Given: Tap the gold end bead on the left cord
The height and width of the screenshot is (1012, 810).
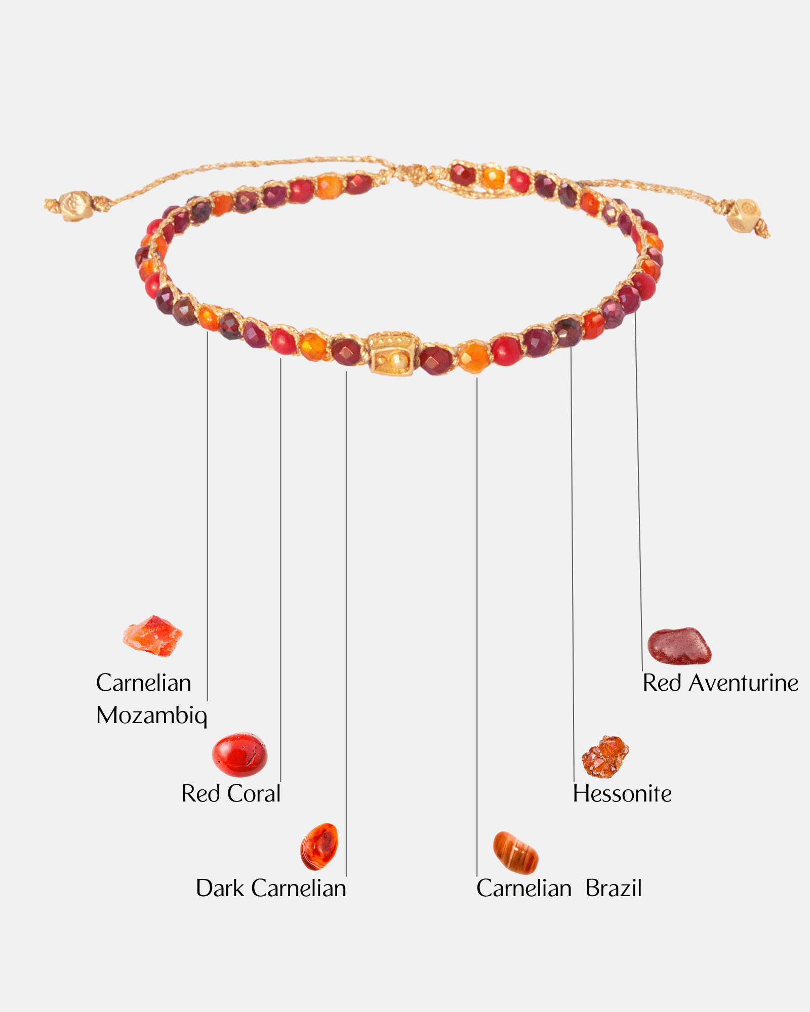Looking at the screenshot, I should point(76,205).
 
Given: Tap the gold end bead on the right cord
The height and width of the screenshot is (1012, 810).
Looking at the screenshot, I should point(743,215).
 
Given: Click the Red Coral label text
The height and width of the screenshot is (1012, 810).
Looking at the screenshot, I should point(231,793).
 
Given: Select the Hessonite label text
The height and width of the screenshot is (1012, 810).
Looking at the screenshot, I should point(622,793).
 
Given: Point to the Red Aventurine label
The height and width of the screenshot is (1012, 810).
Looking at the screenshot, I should point(720,683).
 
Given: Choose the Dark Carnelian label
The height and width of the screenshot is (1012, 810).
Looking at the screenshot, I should point(271,888).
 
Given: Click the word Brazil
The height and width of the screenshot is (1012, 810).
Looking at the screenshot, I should point(614,888).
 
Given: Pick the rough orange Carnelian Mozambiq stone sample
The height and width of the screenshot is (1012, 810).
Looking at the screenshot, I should point(152,637).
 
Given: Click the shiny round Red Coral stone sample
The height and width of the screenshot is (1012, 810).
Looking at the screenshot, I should point(239,754).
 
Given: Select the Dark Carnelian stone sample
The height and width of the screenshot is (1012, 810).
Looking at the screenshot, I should point(319,846).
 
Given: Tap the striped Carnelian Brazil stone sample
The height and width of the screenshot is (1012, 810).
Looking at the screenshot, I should point(515,853).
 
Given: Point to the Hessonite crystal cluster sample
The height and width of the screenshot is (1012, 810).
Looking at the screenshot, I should point(605,756).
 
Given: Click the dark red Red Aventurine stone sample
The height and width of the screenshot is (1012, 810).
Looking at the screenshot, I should point(679,646).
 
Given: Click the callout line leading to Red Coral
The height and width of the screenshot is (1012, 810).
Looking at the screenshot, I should point(280,557).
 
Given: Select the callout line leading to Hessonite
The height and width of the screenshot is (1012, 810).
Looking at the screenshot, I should point(573,557).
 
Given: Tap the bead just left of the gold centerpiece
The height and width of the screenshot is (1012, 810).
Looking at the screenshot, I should point(347,351).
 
